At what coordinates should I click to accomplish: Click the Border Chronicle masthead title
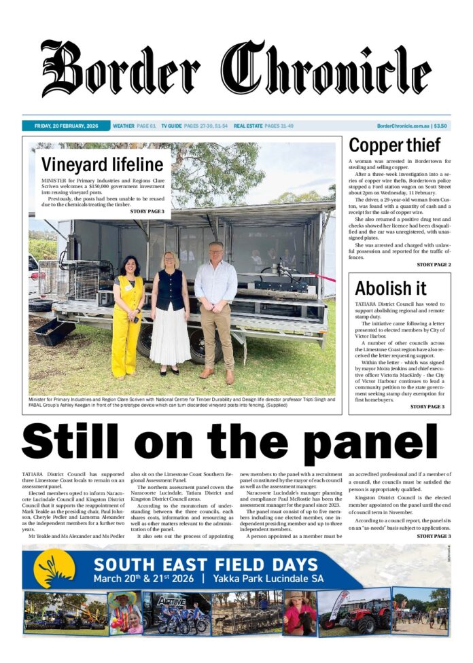click(x=236, y=69)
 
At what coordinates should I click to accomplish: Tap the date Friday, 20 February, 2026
click(x=66, y=126)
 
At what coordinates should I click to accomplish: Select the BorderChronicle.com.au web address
click(x=404, y=126)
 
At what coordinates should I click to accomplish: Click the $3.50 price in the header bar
click(x=441, y=126)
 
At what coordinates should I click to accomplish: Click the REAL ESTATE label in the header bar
click(x=248, y=126)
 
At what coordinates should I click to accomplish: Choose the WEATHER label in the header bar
click(x=124, y=126)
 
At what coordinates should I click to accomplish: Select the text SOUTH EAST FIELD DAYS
click(x=206, y=564)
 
